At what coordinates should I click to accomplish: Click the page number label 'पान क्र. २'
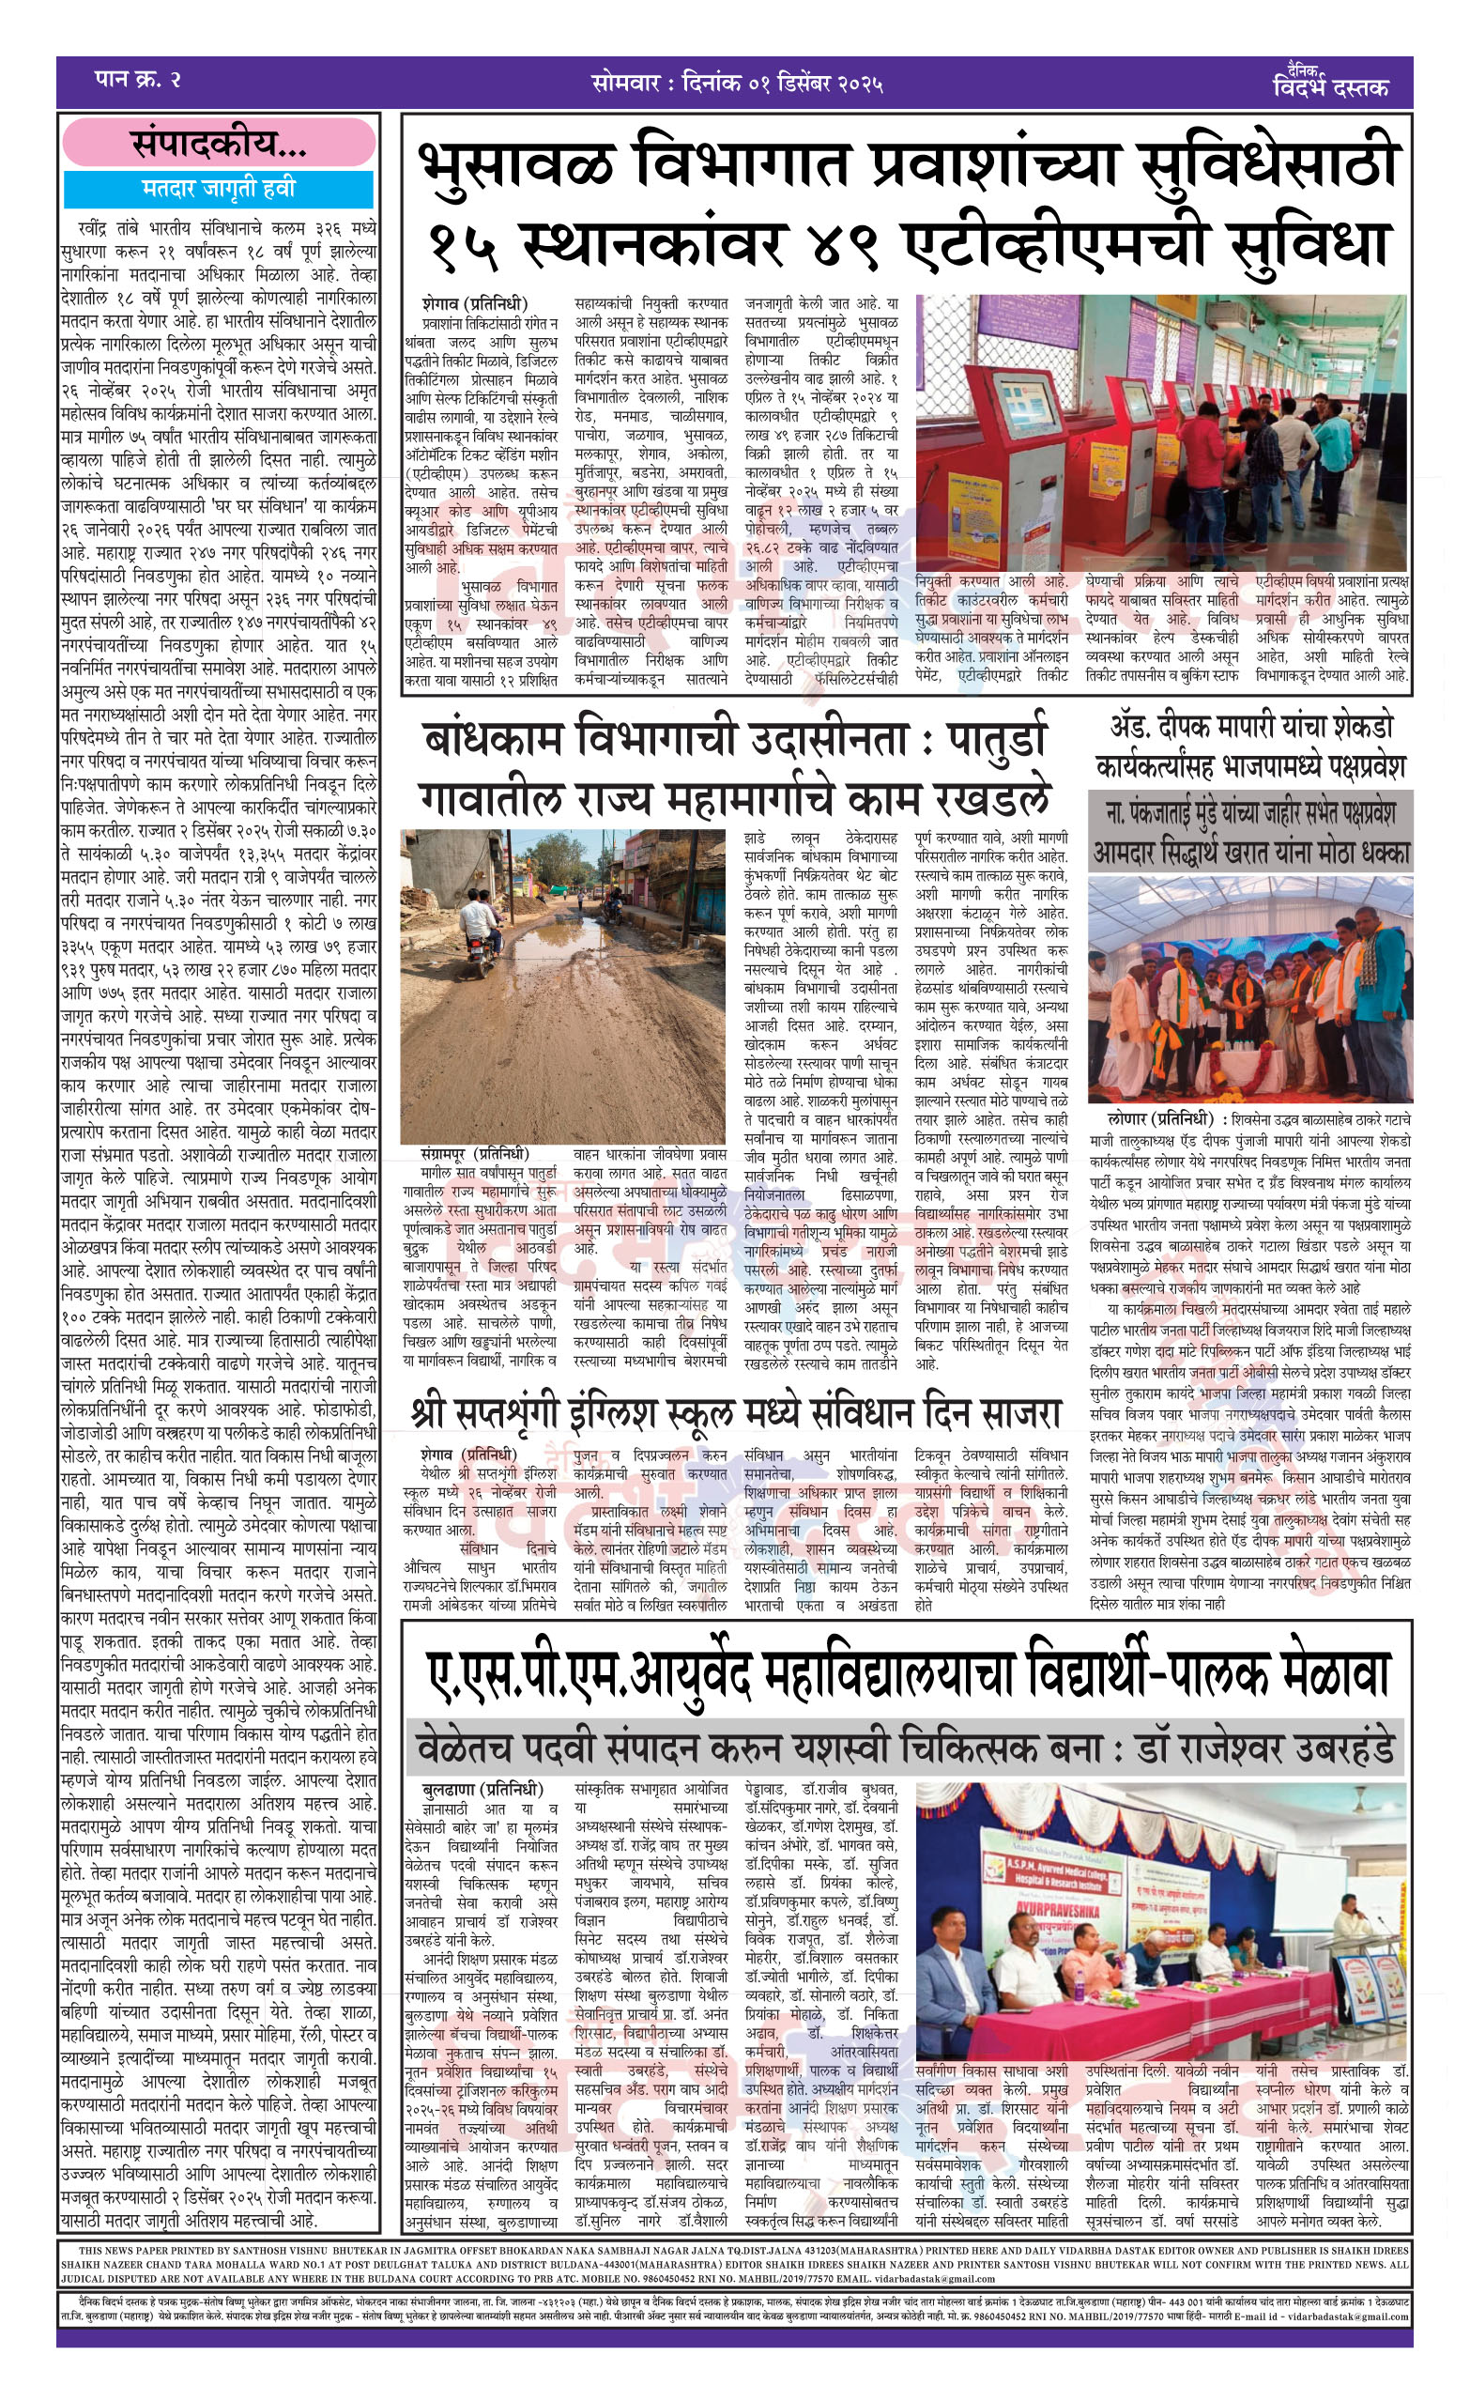[x=138, y=80]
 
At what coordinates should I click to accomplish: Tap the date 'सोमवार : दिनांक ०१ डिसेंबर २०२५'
[x=737, y=84]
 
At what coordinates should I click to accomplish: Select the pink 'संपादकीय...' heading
[x=219, y=145]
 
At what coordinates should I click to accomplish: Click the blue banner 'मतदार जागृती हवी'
[x=219, y=188]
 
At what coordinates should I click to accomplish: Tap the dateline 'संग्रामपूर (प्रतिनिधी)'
[x=475, y=1154]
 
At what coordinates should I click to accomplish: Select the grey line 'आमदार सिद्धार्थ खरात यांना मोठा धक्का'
[x=1250, y=853]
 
